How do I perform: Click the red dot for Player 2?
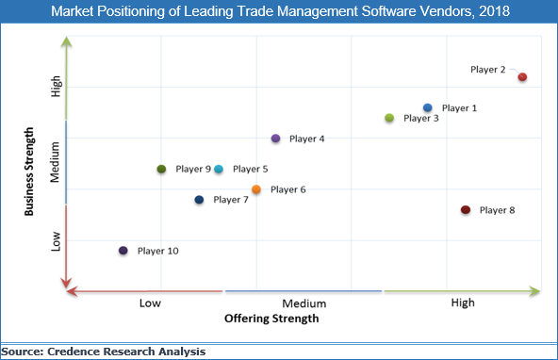coord(522,77)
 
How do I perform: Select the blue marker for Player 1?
coord(428,108)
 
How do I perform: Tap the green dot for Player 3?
coord(389,118)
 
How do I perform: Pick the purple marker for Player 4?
coord(275,139)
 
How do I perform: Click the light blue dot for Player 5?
coord(219,169)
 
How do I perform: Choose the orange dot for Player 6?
coord(256,189)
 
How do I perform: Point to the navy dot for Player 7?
coord(199,200)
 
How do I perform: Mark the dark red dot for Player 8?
coord(466,210)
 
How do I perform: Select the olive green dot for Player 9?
coord(161,169)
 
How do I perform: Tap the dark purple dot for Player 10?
coord(123,251)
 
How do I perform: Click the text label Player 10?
coord(157,251)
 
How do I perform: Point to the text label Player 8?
coord(497,210)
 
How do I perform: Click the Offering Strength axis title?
coord(271,319)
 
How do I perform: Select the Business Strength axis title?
coord(30,166)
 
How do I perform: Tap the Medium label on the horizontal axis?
coord(304,303)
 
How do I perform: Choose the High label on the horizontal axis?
coord(463,303)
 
